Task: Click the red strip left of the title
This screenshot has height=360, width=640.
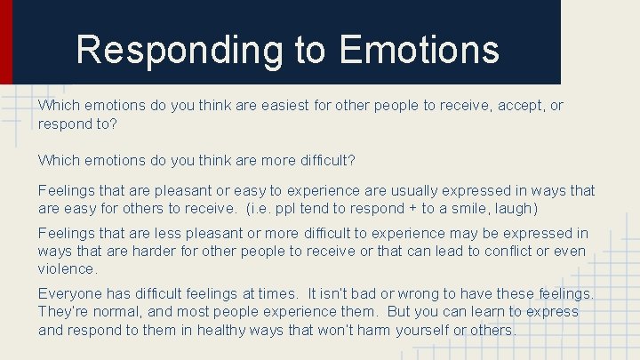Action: pyautogui.click(x=6, y=41)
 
